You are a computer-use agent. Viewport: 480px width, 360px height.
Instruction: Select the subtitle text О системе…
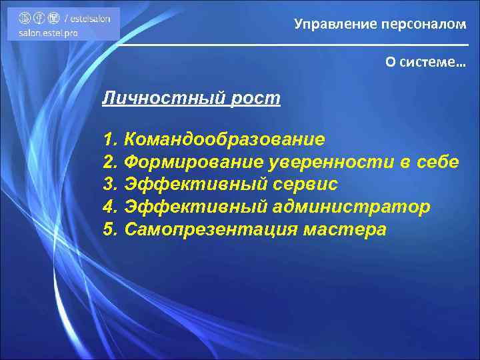coord(425,62)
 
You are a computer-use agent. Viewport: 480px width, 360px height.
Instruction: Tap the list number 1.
coord(110,139)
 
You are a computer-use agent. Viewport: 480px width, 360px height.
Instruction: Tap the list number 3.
coord(110,185)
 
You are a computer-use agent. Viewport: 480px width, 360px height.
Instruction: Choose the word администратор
coord(351,207)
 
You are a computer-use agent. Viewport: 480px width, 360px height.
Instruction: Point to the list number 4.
coord(110,207)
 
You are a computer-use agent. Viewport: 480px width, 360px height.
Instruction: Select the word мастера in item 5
coord(344,230)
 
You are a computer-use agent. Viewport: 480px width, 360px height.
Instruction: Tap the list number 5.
coord(110,230)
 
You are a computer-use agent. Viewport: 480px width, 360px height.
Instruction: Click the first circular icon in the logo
coord(25,18)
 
